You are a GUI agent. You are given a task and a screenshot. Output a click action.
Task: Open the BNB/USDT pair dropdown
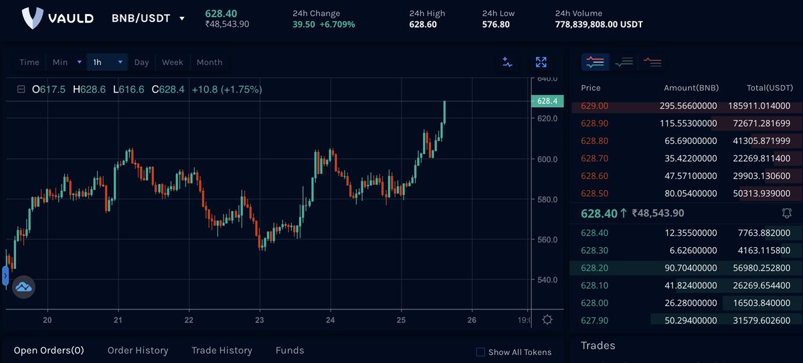181,19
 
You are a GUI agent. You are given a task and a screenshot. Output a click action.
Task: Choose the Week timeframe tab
172,62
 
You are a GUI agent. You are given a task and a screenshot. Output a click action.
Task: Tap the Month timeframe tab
209,62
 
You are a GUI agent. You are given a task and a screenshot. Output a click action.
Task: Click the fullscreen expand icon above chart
541,62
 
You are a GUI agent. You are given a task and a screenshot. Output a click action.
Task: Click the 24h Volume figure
599,25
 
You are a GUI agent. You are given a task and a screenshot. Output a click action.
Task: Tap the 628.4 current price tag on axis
547,101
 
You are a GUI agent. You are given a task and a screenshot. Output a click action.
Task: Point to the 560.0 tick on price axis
547,240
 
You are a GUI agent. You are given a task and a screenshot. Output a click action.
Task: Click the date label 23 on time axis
260,320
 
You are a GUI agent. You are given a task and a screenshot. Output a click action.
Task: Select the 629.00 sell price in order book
594,106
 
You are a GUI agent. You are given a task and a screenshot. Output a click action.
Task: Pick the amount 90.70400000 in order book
690,268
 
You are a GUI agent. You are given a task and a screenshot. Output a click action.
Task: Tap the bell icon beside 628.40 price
787,213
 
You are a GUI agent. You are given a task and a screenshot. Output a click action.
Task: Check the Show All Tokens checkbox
480,352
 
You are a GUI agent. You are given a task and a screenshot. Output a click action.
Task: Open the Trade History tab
221,350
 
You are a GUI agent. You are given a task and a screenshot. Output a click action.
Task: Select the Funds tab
290,350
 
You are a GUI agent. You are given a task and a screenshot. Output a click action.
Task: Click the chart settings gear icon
547,320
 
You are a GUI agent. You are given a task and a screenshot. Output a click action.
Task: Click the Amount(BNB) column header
690,88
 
